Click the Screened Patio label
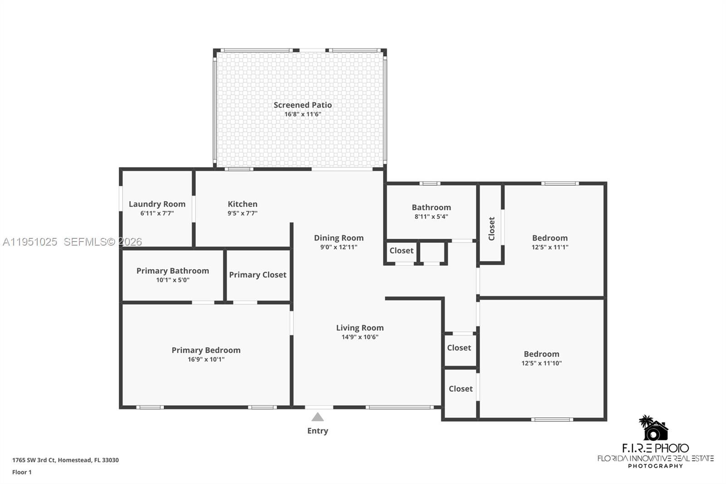pyautogui.click(x=303, y=105)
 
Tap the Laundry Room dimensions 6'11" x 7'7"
pyautogui.click(x=157, y=213)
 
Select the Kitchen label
pyautogui.click(x=242, y=204)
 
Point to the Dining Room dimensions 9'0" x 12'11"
pyautogui.click(x=338, y=247)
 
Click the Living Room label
pyautogui.click(x=360, y=327)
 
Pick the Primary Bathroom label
pyautogui.click(x=172, y=271)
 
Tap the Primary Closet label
pyautogui.click(x=257, y=275)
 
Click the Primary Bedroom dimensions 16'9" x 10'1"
pyautogui.click(x=206, y=360)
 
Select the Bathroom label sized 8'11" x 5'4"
pyautogui.click(x=431, y=207)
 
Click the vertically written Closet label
pyautogui.click(x=491, y=228)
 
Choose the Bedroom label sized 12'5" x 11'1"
pyautogui.click(x=549, y=238)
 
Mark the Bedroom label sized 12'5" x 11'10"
pyautogui.click(x=541, y=354)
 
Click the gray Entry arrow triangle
pyautogui.click(x=318, y=417)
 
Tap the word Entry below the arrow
pyautogui.click(x=318, y=431)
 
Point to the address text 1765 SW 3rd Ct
pyautogui.click(x=34, y=460)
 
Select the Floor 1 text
pyautogui.click(x=22, y=472)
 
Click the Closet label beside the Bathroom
pyautogui.click(x=401, y=251)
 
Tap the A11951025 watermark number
pyautogui.click(x=30, y=242)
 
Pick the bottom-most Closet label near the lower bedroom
pyautogui.click(x=461, y=389)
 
